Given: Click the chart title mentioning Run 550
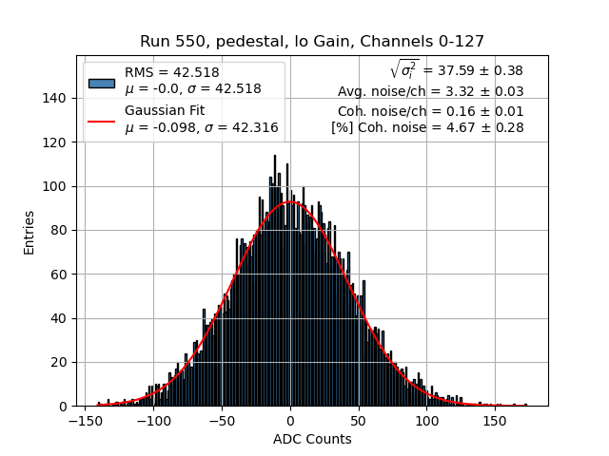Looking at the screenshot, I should pos(312,42).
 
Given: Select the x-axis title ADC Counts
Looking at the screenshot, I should pos(312,439).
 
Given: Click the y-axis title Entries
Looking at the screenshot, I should pos(29,231).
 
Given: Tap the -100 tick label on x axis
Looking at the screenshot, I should pos(153,420).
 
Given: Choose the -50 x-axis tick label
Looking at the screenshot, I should pos(222,420).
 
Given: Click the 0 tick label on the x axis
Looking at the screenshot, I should pos(290,420).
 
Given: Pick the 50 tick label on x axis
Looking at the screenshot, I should pos(359,420).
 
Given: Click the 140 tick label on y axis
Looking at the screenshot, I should pos(56,99).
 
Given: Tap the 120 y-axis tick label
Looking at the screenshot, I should pos(56,142).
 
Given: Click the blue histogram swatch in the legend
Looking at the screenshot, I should pos(102,83).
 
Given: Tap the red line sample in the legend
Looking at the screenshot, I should pos(102,121).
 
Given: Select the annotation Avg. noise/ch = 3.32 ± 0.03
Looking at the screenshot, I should pos(430,91).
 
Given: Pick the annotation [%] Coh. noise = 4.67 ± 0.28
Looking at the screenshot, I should pos(427,127).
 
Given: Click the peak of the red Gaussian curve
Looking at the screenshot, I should pos(290,201).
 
